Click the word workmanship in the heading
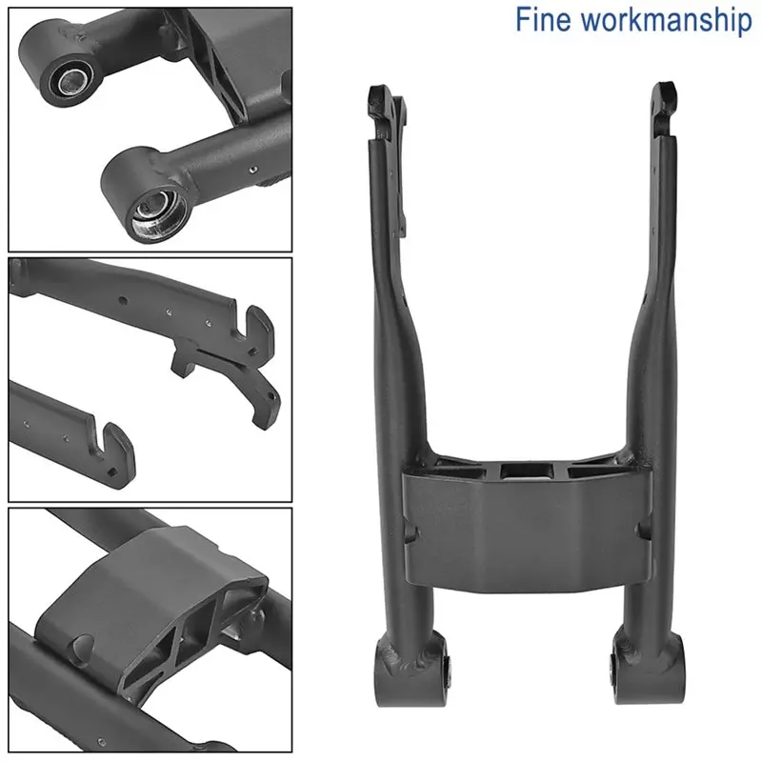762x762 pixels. [x=667, y=20]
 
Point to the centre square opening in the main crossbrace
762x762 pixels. [x=527, y=470]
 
